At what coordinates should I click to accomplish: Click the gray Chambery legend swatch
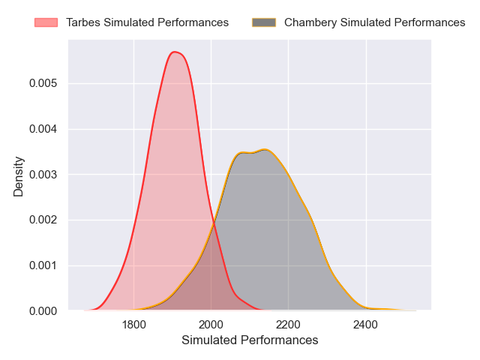tap(264, 22)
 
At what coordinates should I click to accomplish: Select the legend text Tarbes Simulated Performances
tap(147, 22)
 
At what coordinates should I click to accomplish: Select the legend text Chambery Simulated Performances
tap(374, 22)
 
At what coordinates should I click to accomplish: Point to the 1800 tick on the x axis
tap(133, 325)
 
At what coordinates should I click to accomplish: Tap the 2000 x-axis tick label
tap(211, 325)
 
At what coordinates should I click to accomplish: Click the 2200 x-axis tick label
tap(289, 325)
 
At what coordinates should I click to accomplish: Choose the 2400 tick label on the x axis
tap(366, 325)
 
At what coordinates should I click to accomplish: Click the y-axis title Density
tap(19, 175)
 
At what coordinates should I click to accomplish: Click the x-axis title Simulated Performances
tap(250, 340)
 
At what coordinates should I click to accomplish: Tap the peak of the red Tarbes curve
tap(175, 52)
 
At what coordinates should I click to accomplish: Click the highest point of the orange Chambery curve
tap(265, 149)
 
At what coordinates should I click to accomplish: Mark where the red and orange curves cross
tap(214, 223)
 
